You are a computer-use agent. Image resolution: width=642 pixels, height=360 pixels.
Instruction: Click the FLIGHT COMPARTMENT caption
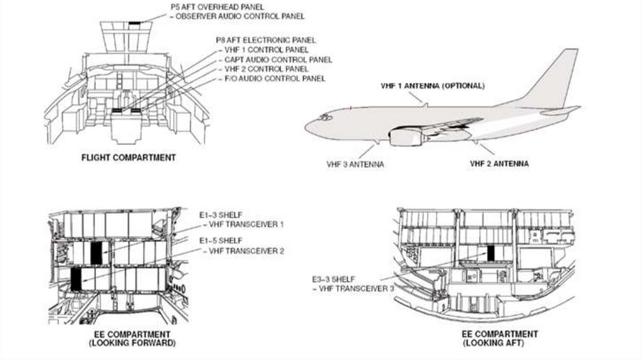tap(128, 157)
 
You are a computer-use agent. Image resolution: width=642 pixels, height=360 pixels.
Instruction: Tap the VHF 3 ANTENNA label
tap(355, 164)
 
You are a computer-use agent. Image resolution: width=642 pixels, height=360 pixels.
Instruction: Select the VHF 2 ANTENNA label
tap(499, 164)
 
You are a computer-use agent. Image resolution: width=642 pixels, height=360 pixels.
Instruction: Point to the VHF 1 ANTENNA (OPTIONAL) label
tap(433, 86)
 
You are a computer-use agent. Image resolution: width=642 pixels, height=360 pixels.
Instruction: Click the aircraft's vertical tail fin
tap(557, 80)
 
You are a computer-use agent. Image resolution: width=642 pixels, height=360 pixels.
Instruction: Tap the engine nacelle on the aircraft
tap(406, 136)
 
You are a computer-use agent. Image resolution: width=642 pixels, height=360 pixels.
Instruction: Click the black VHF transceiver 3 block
tap(491, 253)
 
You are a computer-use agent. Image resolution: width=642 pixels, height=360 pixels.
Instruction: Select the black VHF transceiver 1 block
tap(96, 253)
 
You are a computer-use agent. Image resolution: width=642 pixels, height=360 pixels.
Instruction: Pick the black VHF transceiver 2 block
tap(76, 279)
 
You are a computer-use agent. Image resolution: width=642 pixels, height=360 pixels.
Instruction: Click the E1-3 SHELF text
tap(221, 215)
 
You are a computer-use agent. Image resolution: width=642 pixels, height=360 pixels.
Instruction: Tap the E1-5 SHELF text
tap(221, 241)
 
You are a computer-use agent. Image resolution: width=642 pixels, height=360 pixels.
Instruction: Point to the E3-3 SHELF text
tap(334, 279)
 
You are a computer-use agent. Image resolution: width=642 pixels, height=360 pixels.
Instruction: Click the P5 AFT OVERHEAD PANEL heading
tap(218, 7)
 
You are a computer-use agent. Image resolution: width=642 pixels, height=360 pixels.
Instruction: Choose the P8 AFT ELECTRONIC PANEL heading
tap(266, 40)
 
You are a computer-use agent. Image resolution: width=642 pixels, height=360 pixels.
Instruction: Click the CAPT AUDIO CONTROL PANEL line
tap(278, 60)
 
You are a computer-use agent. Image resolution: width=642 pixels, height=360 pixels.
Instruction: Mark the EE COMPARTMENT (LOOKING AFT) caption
tap(500, 338)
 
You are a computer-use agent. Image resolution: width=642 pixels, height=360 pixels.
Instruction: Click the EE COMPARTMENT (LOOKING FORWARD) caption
tap(132, 338)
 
